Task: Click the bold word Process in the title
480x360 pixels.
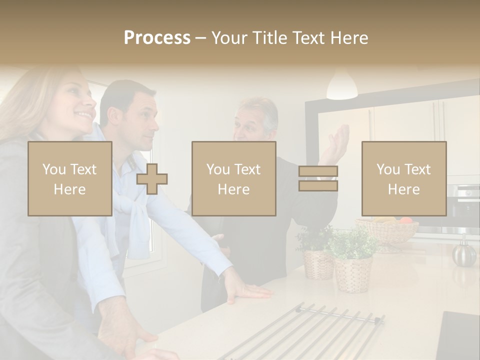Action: click(157, 37)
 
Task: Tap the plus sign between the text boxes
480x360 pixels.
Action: click(152, 178)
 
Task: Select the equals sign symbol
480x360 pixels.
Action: click(318, 178)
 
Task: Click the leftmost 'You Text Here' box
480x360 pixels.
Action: click(70, 178)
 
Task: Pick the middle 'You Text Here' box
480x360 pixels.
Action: click(234, 178)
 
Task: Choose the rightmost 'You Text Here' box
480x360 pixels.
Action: click(404, 178)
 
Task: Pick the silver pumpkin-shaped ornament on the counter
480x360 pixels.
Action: click(464, 252)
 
